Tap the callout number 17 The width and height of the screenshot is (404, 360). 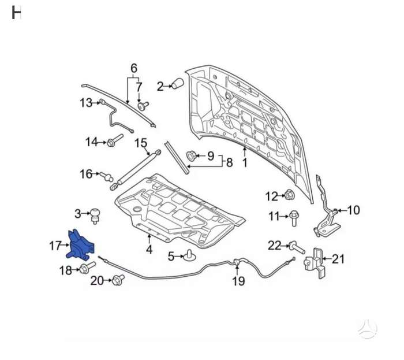tap(55, 246)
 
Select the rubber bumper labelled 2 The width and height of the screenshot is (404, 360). tap(178, 83)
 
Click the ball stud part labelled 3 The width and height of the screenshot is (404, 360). tap(95, 216)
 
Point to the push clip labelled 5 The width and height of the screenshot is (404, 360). tap(189, 255)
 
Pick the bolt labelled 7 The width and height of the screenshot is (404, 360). tap(143, 106)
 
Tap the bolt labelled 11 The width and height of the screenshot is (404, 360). tap(293, 218)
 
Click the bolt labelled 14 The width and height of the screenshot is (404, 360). tap(115, 140)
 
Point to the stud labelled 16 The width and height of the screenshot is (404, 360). tap(107, 176)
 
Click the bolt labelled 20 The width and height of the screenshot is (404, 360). tap(118, 280)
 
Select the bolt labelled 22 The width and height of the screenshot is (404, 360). tap(297, 247)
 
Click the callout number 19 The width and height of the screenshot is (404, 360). tap(238, 281)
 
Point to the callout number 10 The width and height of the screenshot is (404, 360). tap(353, 210)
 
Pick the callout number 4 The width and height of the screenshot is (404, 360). tap(149, 250)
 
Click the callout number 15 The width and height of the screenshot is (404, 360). tap(141, 143)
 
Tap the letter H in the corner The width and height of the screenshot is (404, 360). tap(16, 13)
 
